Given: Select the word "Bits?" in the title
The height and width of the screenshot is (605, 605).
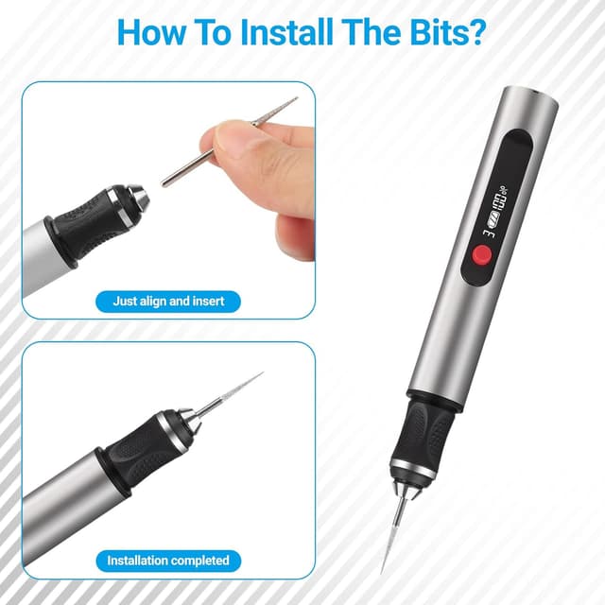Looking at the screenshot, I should tap(443, 31).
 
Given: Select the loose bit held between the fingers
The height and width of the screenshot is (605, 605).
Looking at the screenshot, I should tap(227, 142).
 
